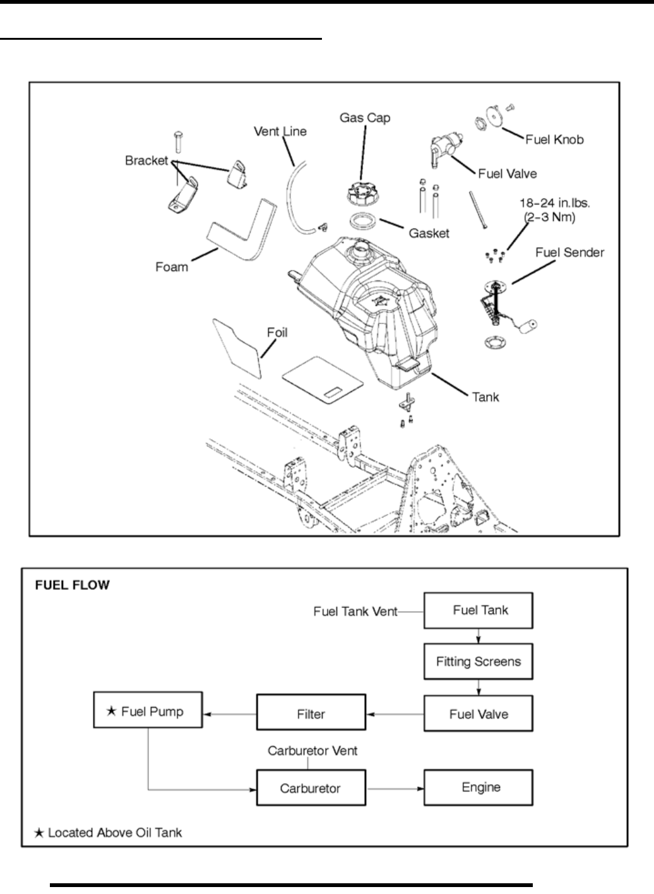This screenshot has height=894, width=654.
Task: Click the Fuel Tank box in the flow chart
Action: (x=479, y=610)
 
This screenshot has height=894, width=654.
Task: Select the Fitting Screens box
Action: (x=479, y=662)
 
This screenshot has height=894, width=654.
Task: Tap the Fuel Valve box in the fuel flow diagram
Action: (x=479, y=714)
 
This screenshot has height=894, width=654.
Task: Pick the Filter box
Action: (x=311, y=714)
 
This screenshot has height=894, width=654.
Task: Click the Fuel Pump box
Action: (x=148, y=711)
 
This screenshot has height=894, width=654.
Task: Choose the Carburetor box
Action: (x=311, y=788)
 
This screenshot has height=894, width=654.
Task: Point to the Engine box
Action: (x=479, y=787)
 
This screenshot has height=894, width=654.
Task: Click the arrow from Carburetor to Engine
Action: (x=395, y=788)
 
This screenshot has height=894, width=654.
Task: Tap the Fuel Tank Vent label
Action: (x=355, y=611)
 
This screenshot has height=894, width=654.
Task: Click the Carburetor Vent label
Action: (x=312, y=751)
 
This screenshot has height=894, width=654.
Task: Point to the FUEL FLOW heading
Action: (x=72, y=585)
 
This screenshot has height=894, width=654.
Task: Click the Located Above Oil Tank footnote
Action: (x=108, y=833)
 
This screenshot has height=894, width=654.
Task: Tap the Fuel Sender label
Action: (x=569, y=253)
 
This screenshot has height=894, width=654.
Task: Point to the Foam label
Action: (x=172, y=267)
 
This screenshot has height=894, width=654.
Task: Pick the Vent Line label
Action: (x=280, y=131)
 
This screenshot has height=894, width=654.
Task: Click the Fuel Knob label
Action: (x=554, y=140)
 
